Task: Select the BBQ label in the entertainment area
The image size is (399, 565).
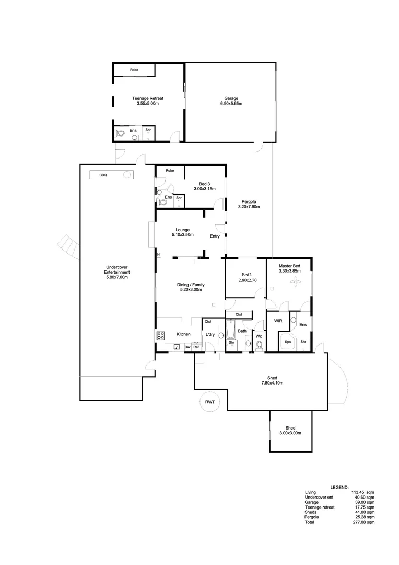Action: point(103,175)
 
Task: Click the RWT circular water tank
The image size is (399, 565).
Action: point(210,402)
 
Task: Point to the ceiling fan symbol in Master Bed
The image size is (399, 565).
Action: point(296,282)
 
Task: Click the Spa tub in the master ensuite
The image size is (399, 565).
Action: point(287,342)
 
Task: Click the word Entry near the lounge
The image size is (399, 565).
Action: point(215,236)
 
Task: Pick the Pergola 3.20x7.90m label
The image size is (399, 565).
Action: point(249,204)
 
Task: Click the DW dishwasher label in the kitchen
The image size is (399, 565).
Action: point(187,347)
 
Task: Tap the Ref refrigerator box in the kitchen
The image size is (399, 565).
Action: point(196,347)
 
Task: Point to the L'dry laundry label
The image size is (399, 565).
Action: point(210,334)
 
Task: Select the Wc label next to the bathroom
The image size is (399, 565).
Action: point(259,336)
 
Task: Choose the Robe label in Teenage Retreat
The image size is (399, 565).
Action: point(134,70)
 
